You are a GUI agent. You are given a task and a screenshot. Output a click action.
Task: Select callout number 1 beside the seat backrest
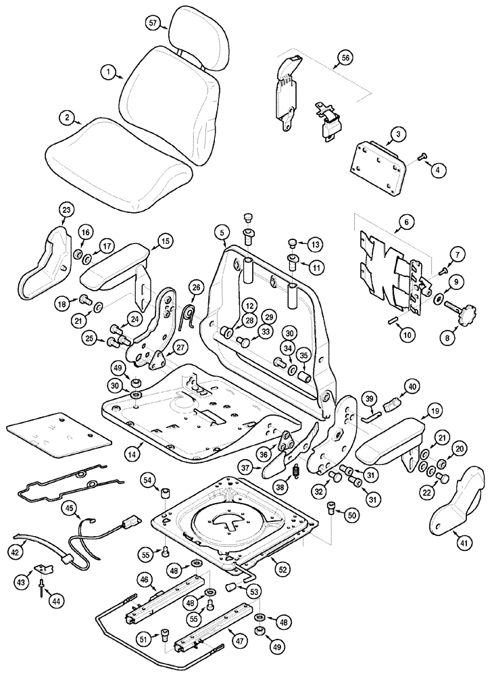click(107, 70)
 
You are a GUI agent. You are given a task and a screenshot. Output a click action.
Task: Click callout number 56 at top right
click(345, 59)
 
